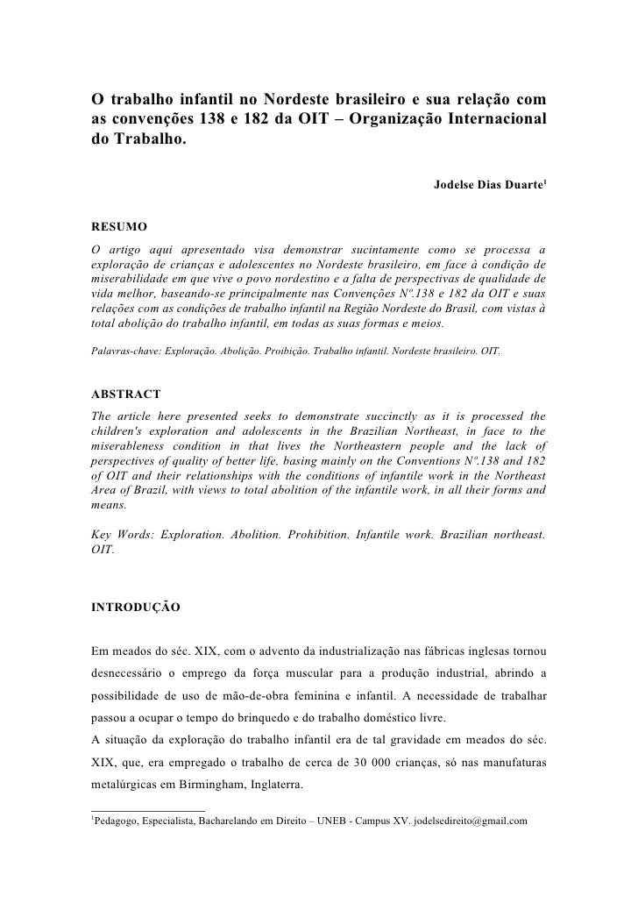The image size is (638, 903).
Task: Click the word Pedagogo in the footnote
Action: click(118, 821)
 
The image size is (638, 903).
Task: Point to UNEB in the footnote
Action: click(339, 821)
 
